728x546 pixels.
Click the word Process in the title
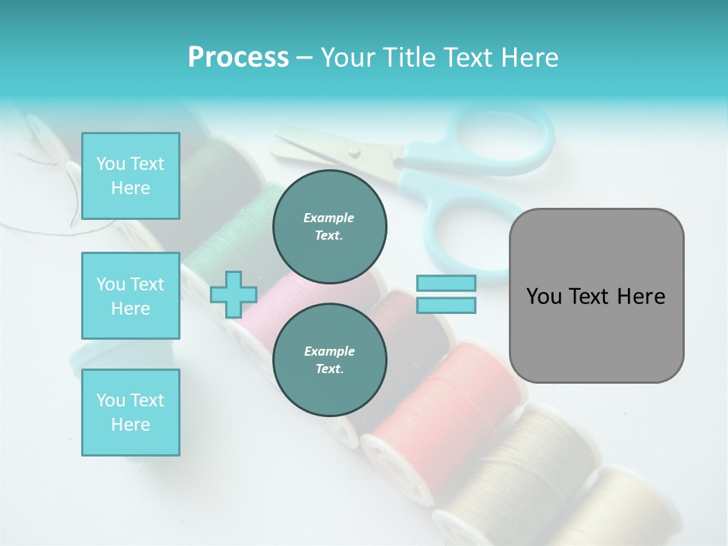(x=238, y=58)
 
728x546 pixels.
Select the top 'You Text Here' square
(x=130, y=176)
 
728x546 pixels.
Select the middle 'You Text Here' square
(x=130, y=296)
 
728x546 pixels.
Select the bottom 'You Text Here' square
(x=130, y=412)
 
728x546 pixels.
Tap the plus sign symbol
(x=233, y=294)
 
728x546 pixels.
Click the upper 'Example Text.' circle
(x=329, y=227)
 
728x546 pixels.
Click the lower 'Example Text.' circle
(x=329, y=360)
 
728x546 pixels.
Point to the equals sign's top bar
(x=446, y=283)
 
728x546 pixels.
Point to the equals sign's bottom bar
(x=446, y=306)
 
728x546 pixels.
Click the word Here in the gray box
(x=642, y=297)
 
